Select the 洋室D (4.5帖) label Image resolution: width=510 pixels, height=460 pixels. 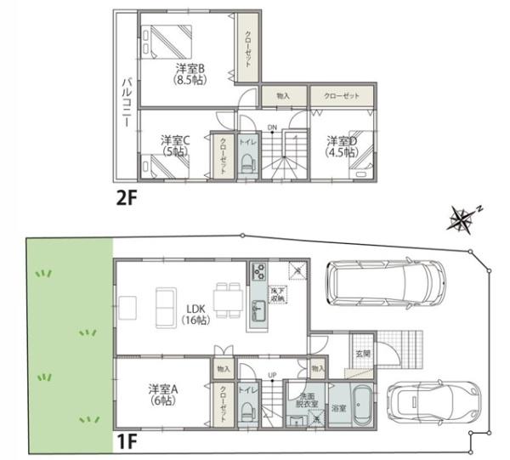point(342,146)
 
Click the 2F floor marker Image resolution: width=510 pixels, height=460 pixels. point(128,197)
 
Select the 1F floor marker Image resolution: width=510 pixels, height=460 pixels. point(127,442)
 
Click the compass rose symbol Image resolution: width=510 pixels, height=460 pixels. point(462,220)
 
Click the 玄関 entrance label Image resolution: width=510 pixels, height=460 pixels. point(362,353)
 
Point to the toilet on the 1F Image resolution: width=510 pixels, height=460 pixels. point(247,410)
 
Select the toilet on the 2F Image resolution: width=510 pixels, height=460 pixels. point(248,161)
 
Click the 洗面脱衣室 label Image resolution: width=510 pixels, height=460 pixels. point(306,401)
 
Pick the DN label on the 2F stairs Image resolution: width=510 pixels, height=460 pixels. point(272,128)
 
